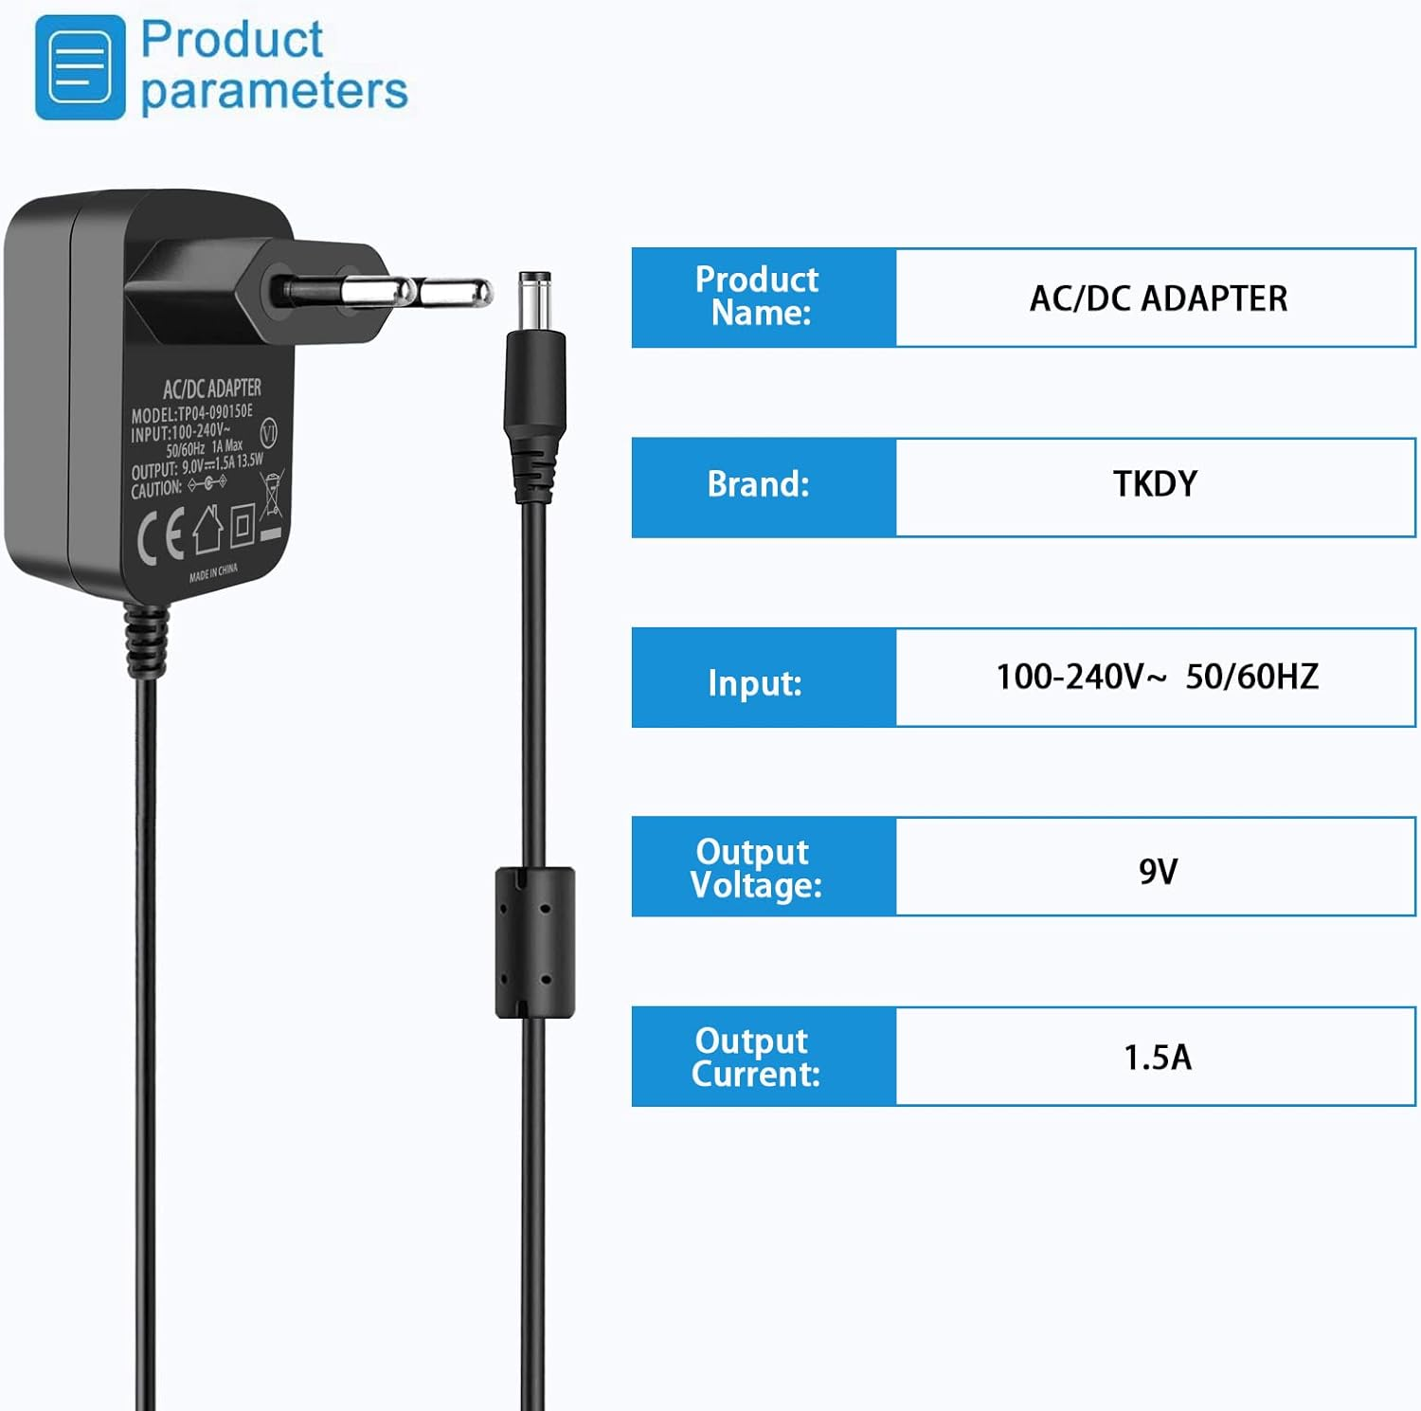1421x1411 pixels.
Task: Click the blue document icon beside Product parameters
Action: pos(80,67)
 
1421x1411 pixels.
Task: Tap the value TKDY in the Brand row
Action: pos(1155,484)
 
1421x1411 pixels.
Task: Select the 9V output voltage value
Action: pos(1158,871)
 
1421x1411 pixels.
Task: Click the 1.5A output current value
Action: pos(1157,1058)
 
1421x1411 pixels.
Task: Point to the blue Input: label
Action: pos(755,682)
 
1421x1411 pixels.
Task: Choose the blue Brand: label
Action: pos(758,484)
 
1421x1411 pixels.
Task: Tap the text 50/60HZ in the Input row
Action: pos(1251,677)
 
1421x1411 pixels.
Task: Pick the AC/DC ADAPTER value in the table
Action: pos(1158,298)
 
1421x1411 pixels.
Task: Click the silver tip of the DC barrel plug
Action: pos(534,296)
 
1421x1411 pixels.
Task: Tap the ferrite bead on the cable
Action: pos(535,942)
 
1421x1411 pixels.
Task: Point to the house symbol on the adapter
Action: pos(207,529)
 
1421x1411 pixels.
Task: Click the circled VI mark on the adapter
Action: pos(268,433)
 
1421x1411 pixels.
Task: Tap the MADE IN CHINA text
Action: pos(213,573)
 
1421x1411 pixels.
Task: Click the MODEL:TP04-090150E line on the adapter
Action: pos(192,413)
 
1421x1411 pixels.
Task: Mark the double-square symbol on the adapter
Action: pos(243,524)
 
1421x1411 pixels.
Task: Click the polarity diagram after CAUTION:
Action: pos(207,483)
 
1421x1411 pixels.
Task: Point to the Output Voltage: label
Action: pos(755,868)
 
